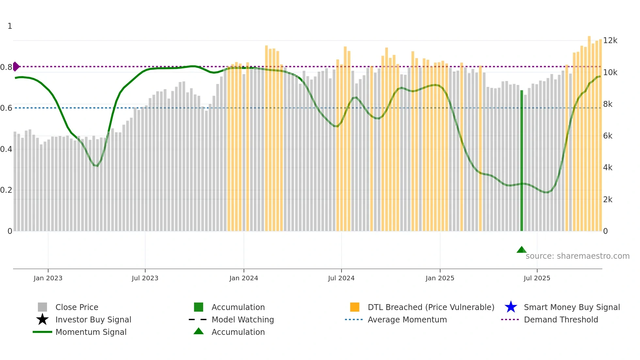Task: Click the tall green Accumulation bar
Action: (521, 160)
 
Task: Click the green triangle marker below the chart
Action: (521, 250)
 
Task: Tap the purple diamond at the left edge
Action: (16, 66)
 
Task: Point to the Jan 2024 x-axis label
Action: (244, 278)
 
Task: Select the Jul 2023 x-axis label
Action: (145, 278)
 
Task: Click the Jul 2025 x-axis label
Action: (537, 278)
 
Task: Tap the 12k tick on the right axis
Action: (610, 41)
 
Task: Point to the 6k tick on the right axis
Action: (608, 136)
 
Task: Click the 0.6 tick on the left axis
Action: (6, 108)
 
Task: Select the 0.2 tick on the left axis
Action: (6, 190)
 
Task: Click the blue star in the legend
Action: (511, 307)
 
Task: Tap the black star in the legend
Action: (42, 319)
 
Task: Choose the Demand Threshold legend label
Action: (561, 319)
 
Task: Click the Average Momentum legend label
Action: (407, 319)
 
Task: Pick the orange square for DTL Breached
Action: (355, 307)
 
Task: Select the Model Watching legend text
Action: (243, 319)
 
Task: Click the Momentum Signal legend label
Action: (91, 332)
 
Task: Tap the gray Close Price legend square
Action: (42, 307)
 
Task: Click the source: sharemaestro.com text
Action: (577, 256)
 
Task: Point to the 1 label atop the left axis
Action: (10, 26)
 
